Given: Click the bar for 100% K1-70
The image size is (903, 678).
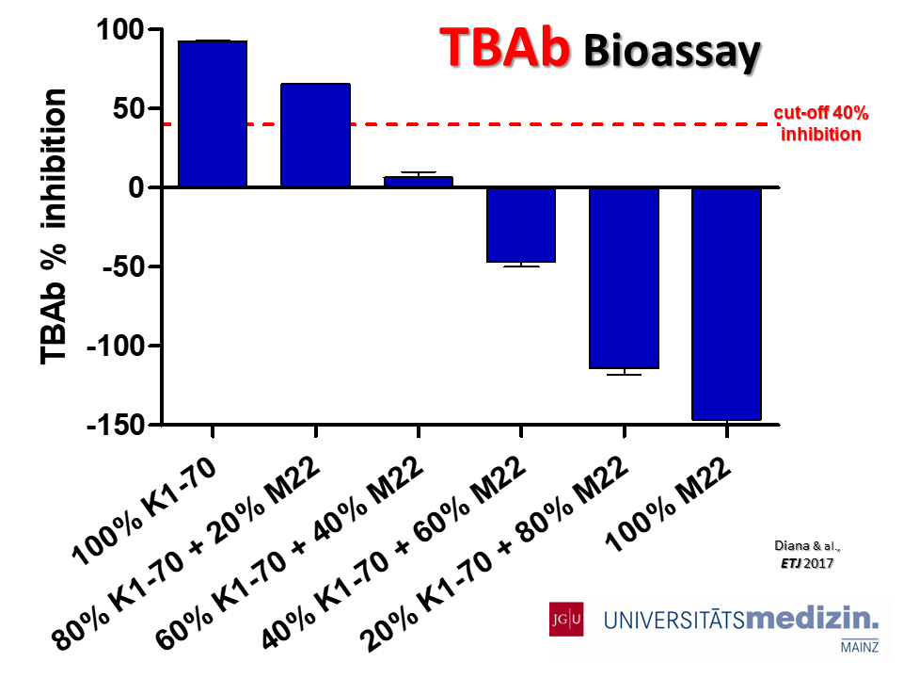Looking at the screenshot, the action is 213,114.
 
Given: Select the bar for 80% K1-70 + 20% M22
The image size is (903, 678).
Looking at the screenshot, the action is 316,135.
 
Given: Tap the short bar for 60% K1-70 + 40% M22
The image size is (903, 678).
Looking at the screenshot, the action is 418,182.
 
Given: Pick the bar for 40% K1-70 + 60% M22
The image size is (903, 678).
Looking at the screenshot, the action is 521,225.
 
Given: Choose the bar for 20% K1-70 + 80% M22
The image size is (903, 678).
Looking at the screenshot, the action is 624,278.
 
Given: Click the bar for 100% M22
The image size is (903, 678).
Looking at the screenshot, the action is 727,304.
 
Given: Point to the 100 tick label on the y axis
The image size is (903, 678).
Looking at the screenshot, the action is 119,29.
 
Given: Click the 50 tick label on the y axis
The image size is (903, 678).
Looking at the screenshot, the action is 128,108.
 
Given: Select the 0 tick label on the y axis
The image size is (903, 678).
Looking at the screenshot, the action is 135,187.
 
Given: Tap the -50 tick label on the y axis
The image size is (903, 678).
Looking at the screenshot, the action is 122,266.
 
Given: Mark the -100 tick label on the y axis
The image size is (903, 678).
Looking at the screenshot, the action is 115,346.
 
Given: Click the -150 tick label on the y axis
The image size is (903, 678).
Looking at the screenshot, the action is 115,426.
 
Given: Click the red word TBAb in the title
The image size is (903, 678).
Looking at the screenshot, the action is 504,47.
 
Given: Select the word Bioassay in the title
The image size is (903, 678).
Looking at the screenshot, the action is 672,53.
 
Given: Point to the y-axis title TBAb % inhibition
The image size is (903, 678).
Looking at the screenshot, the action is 53,227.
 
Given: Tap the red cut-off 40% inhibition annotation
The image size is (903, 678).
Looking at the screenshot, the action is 820,123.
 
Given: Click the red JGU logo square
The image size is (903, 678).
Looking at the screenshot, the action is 566,620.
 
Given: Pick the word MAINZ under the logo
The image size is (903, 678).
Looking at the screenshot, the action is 860,647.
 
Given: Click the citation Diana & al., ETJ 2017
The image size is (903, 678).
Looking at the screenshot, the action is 807,554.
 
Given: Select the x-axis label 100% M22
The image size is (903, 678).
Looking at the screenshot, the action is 669,505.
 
